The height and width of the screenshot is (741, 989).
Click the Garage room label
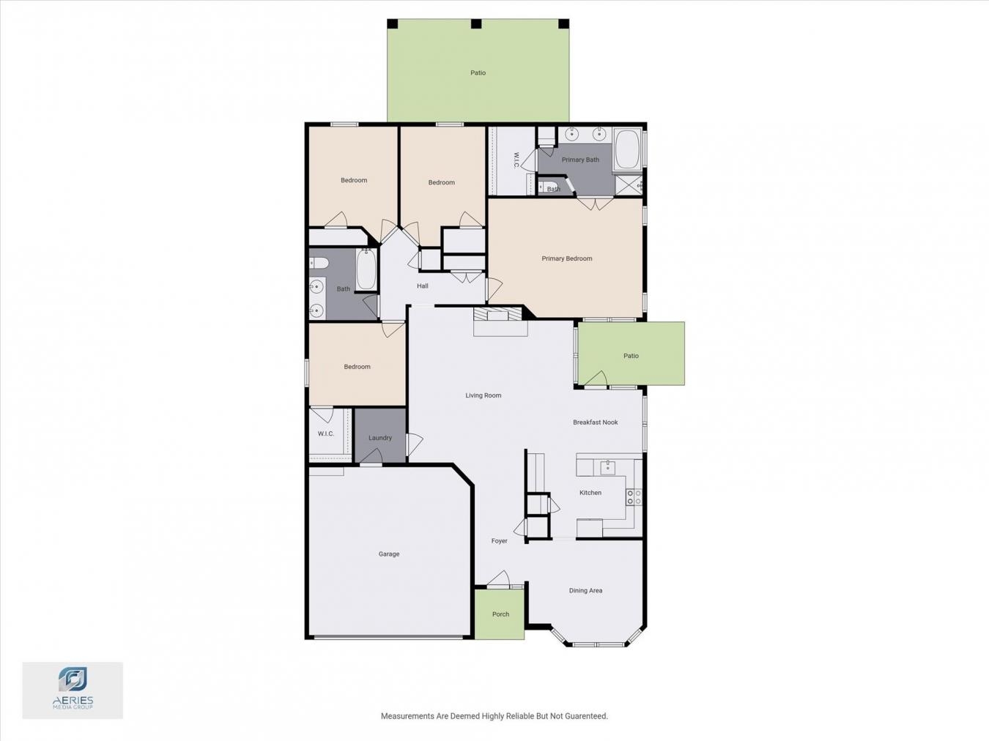389,554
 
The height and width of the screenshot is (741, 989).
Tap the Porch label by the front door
500,614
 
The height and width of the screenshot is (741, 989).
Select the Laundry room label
379,438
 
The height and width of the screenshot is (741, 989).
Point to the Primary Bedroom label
567,258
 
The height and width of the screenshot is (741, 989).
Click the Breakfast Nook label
595,422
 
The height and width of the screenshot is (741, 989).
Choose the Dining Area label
585,590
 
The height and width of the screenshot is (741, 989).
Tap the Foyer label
499,540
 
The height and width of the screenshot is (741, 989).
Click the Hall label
422,286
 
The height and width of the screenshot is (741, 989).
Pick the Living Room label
483,395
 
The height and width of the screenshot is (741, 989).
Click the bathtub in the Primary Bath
627,149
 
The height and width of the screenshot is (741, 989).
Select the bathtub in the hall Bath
366,269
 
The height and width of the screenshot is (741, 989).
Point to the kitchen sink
608,467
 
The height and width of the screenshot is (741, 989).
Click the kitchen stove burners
634,497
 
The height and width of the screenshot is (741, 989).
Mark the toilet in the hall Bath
319,262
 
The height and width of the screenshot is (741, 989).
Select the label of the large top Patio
478,72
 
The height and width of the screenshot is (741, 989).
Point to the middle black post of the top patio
476,24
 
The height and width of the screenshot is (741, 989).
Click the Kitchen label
590,493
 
